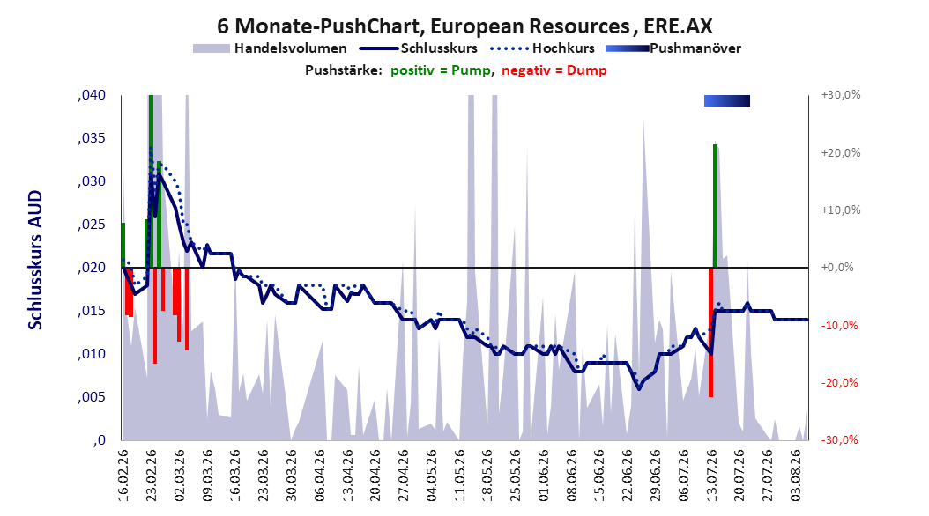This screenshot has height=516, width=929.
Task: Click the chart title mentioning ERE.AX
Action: (464, 26)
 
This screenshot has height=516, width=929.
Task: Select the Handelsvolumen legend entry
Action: (271, 48)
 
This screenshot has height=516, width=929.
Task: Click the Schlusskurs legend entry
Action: (419, 48)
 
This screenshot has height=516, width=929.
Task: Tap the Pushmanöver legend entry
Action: (673, 48)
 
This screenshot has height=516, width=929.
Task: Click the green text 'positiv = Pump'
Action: (441, 70)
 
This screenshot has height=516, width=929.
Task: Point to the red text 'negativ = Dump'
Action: (554, 70)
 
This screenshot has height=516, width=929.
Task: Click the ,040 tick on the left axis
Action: (92, 95)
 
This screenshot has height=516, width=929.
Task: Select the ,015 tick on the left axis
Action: (92, 311)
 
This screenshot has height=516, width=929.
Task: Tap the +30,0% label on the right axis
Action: (841, 95)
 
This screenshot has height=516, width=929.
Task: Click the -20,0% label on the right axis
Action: (839, 383)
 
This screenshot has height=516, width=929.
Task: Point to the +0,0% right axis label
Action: (837, 268)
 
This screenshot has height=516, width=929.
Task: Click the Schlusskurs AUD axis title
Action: (35, 260)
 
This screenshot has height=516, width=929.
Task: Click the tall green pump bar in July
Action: (715, 205)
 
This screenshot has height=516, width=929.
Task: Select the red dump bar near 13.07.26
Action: (710, 332)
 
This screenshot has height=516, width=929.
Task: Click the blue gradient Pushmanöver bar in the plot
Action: (727, 100)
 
